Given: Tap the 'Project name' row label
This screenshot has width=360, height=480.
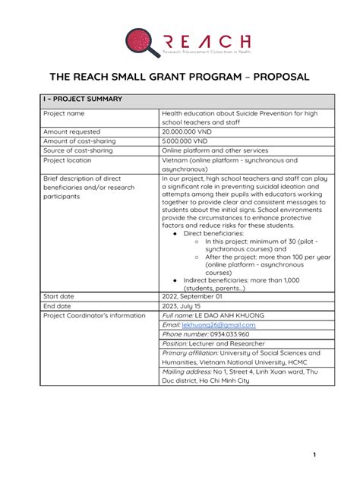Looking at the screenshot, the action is pos(64,113).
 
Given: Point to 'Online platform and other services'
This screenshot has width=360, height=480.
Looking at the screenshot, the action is pos(210,151).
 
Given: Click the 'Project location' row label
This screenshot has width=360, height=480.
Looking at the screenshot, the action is pos(68,161).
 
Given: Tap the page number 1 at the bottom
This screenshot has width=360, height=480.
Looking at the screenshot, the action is pos(313,454).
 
